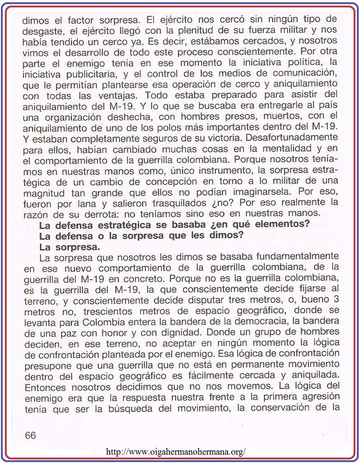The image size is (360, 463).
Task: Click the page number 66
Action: [30, 435]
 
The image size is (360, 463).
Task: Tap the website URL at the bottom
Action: [176, 451]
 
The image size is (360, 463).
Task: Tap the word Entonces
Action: [43, 387]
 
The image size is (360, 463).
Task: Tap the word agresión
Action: [316, 397]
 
